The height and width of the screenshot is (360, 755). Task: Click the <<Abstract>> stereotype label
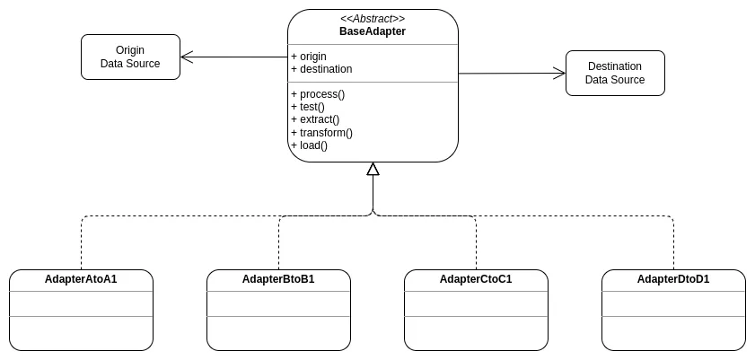[x=373, y=19]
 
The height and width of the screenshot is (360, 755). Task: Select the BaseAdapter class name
[x=373, y=31]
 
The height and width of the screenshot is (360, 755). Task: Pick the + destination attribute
[x=321, y=69]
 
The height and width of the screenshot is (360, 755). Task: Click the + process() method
[x=318, y=93]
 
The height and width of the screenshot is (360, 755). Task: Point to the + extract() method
[x=315, y=119]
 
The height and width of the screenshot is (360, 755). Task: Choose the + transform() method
[x=321, y=132]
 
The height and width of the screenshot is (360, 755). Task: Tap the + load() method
[x=310, y=145]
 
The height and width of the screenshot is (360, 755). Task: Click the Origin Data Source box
[x=130, y=57]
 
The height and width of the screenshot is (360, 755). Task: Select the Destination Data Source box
[x=615, y=73]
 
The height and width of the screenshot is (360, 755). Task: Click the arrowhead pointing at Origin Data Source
[x=187, y=57]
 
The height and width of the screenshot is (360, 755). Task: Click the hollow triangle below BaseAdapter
[x=373, y=169]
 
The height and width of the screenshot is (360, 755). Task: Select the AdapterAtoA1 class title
[x=81, y=279]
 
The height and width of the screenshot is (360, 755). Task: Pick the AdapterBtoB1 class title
[x=278, y=279]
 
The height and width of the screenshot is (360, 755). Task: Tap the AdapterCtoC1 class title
[x=476, y=279]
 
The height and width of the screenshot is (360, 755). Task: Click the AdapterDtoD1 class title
[x=673, y=279]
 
